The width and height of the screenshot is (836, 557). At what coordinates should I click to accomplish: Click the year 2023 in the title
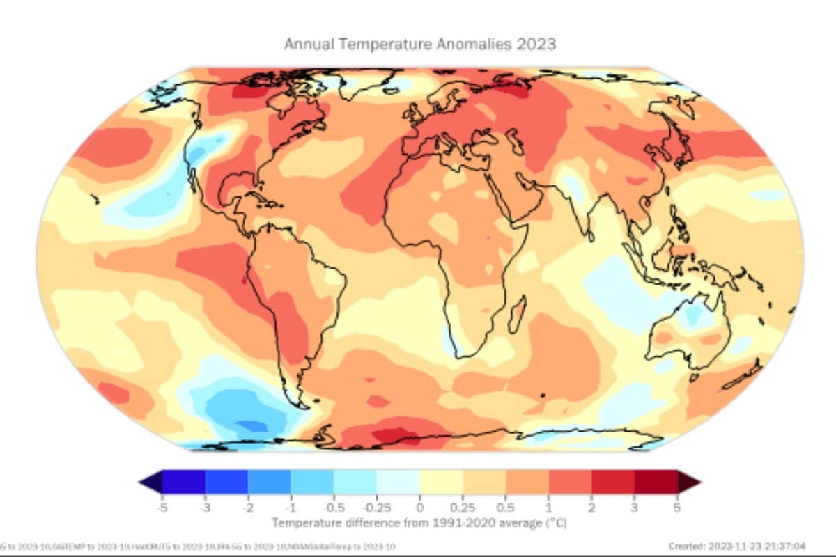pos(536,44)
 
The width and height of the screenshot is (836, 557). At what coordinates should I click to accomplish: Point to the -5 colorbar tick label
pos(162,508)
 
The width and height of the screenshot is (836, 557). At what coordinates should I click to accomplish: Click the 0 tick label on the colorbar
pos(419,508)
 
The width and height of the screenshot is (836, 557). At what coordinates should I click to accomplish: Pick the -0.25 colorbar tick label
pos(376,508)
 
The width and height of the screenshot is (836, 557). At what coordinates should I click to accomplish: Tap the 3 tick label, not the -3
pos(635,508)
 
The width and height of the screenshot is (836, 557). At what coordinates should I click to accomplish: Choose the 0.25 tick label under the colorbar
pos(463,508)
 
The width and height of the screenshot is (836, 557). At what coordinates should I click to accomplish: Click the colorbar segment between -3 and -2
pos(226,482)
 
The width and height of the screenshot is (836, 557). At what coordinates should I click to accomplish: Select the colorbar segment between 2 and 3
pos(613,482)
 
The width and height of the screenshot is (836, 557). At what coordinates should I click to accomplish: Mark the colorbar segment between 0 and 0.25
pos(441,482)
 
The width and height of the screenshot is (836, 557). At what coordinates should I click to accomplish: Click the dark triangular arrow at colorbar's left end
pos(150,482)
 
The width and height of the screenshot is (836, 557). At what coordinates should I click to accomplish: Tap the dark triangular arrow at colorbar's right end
pos(689,482)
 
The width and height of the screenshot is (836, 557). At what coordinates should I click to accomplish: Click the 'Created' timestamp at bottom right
pos(736,547)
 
